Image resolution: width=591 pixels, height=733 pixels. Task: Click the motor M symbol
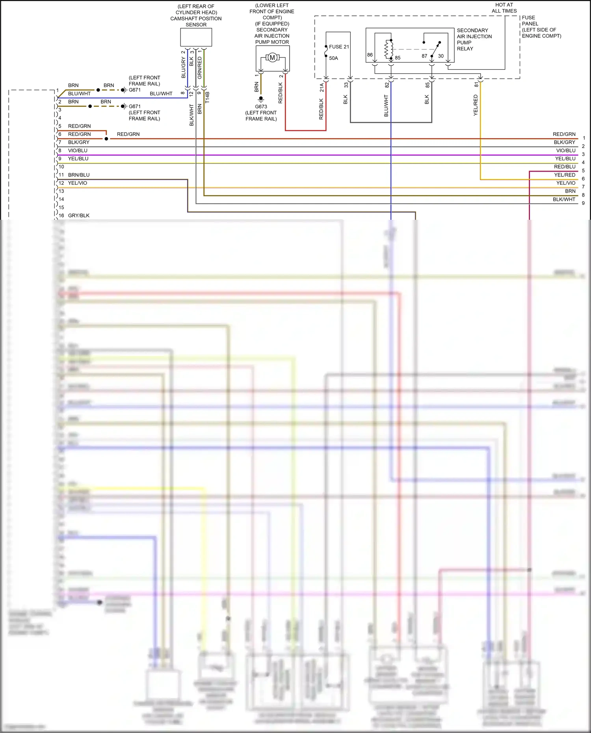click(272, 58)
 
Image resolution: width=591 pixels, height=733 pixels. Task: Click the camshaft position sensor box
click(196, 37)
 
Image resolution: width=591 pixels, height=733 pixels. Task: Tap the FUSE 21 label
click(339, 47)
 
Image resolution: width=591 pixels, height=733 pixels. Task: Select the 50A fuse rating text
click(333, 58)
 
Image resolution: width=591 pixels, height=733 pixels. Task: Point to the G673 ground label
click(261, 107)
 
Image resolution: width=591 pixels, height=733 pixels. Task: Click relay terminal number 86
click(370, 55)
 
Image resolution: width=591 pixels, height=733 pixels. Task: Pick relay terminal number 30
click(440, 56)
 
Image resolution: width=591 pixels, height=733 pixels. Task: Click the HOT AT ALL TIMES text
click(504, 8)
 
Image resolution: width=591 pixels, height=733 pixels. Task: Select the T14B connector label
click(208, 97)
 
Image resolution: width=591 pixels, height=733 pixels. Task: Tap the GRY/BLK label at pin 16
click(79, 215)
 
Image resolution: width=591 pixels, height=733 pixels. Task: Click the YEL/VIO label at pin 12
click(78, 183)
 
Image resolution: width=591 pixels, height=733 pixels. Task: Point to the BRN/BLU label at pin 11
click(79, 175)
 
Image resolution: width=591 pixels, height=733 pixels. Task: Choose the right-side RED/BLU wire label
click(565, 167)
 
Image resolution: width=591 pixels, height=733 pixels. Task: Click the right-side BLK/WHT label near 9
click(564, 200)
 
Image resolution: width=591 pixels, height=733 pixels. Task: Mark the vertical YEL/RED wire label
click(476, 105)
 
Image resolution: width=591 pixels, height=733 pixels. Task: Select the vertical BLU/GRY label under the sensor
click(183, 67)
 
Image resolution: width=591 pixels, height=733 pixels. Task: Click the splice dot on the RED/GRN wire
click(106, 139)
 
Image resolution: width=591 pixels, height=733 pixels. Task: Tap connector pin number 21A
click(322, 87)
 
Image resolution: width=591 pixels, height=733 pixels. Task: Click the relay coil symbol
click(389, 50)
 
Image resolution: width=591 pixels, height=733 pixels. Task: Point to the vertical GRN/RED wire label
click(200, 67)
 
